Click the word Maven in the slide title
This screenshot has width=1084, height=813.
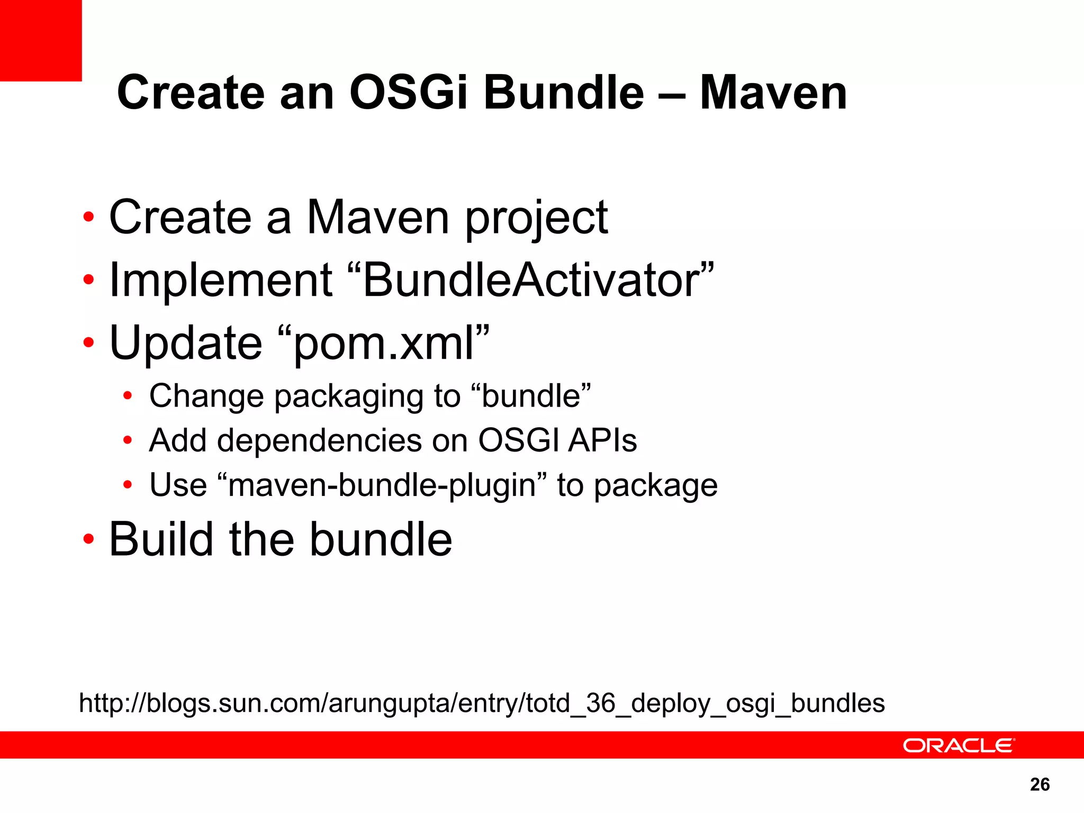click(773, 93)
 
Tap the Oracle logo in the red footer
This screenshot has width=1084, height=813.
click(959, 745)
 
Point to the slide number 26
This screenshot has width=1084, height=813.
click(1040, 784)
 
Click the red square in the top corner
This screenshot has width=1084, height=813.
click(41, 40)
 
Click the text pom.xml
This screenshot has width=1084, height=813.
click(383, 343)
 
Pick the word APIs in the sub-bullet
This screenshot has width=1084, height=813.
click(603, 440)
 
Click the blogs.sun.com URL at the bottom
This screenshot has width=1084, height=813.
click(482, 703)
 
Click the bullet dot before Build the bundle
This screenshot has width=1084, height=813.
click(88, 539)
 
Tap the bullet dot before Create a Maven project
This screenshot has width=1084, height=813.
click(88, 217)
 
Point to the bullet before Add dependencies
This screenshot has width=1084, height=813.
click(127, 440)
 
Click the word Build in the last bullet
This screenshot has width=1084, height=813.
click(161, 539)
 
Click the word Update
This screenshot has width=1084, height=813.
click(185, 343)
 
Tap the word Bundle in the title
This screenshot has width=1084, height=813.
click(564, 93)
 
